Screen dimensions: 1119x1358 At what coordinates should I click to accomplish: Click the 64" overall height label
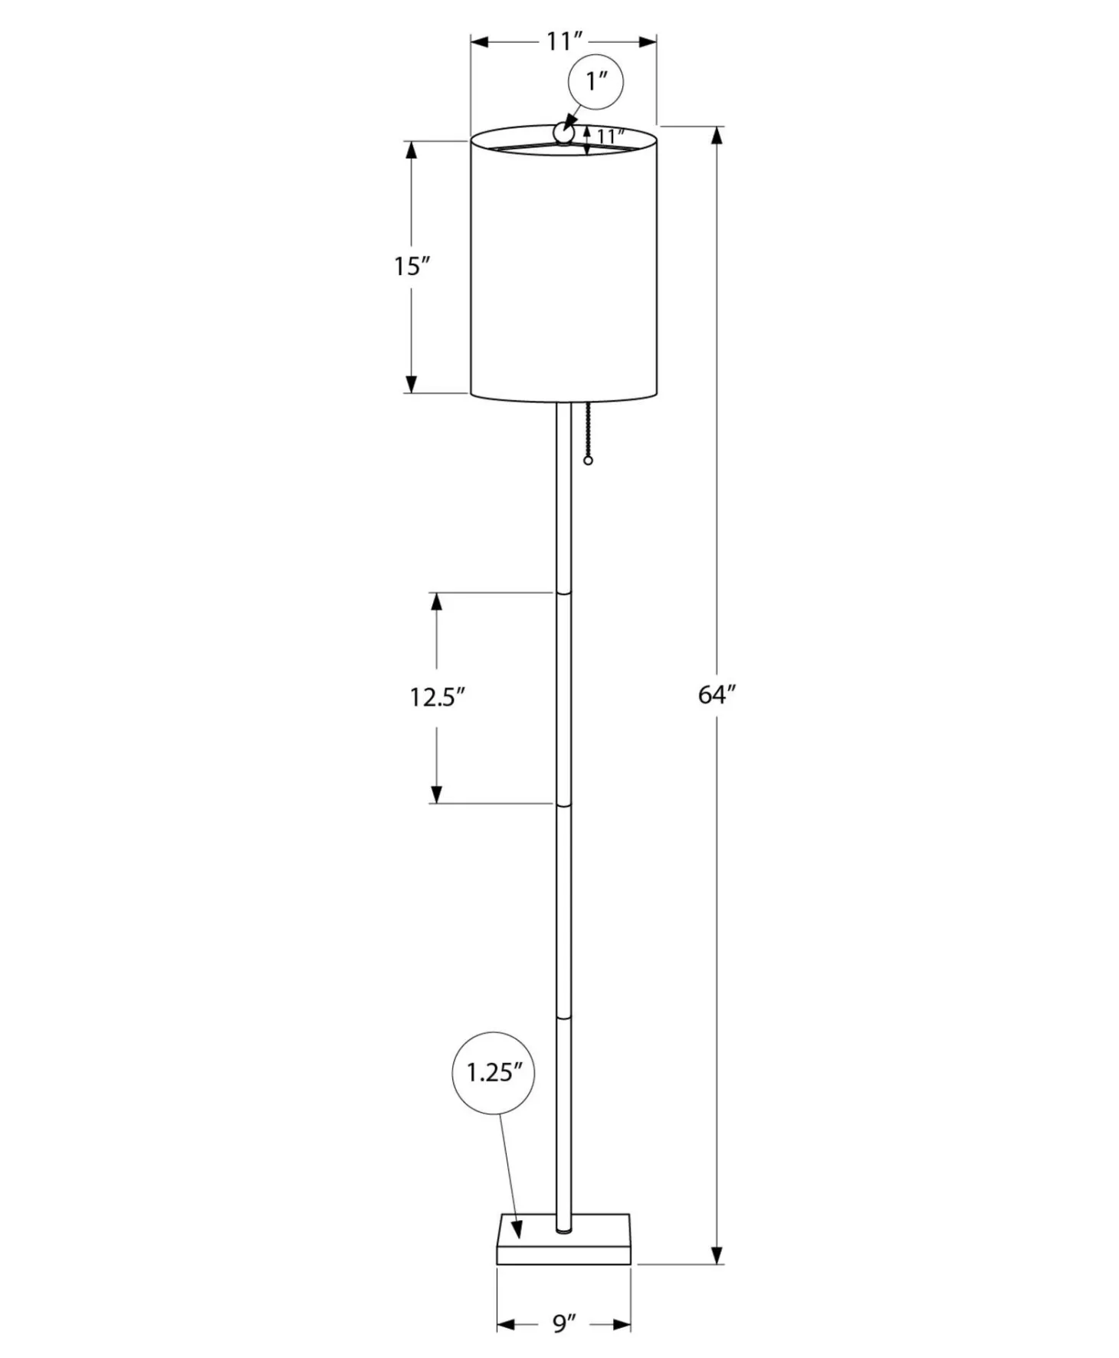click(x=717, y=695)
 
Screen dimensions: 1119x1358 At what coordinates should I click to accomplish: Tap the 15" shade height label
click(x=412, y=267)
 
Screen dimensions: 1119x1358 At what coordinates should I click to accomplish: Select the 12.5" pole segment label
click(x=438, y=697)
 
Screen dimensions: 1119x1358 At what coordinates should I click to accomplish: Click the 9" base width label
click(x=563, y=1323)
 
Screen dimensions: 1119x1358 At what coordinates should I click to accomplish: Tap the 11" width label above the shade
click(x=564, y=41)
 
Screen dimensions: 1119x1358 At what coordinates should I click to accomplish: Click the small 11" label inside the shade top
click(x=610, y=136)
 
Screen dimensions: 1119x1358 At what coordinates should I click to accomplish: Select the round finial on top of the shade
click(x=563, y=134)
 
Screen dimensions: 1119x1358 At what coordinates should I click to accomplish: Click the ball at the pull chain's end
click(x=589, y=461)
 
